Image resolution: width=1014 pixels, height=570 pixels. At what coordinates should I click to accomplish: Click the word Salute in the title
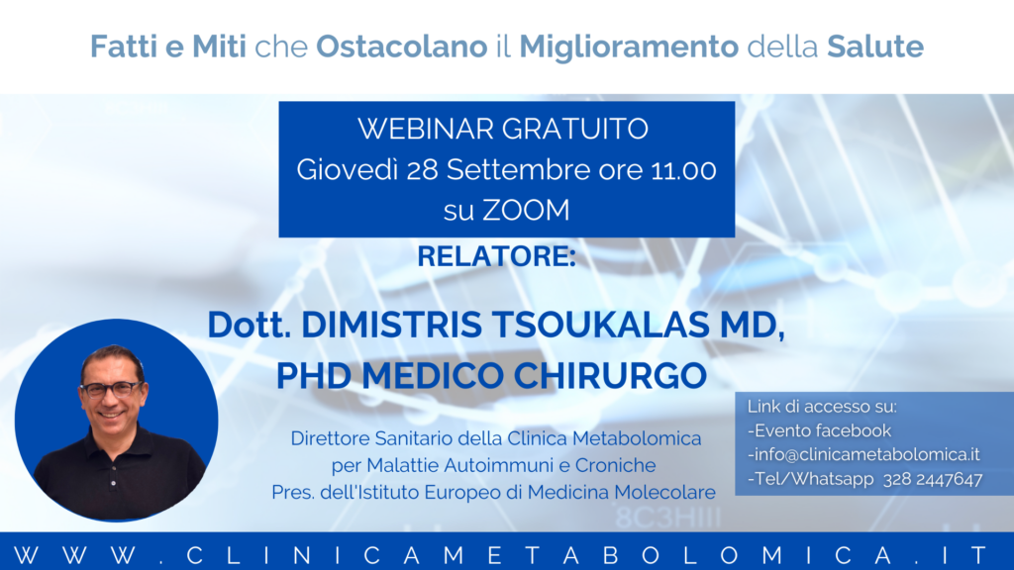click(x=875, y=47)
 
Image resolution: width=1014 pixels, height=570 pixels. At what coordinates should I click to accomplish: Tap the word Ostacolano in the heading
click(x=402, y=47)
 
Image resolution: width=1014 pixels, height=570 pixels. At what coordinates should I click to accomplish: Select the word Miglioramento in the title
click(x=629, y=47)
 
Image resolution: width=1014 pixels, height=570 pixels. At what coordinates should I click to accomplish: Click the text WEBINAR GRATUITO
click(x=503, y=129)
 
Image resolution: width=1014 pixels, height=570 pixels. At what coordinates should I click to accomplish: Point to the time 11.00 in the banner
click(x=683, y=170)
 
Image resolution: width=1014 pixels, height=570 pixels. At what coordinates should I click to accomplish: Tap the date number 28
click(x=423, y=170)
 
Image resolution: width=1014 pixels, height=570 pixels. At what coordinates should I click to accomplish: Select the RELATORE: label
click(x=497, y=256)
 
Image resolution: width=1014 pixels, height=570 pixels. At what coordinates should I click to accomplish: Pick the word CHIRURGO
click(x=610, y=375)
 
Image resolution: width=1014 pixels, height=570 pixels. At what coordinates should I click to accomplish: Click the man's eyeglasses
click(x=111, y=389)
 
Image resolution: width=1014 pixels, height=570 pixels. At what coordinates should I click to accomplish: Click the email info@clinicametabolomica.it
click(x=863, y=455)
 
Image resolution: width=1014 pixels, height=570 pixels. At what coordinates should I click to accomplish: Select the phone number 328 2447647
click(x=933, y=479)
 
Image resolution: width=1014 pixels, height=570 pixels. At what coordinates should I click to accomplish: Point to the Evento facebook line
click(x=819, y=430)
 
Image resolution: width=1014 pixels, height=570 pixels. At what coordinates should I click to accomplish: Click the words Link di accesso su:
click(x=822, y=407)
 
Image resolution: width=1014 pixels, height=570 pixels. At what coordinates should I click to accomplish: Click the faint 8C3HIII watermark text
click(x=668, y=518)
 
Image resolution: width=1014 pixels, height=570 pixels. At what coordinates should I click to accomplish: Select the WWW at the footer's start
click(x=75, y=555)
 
